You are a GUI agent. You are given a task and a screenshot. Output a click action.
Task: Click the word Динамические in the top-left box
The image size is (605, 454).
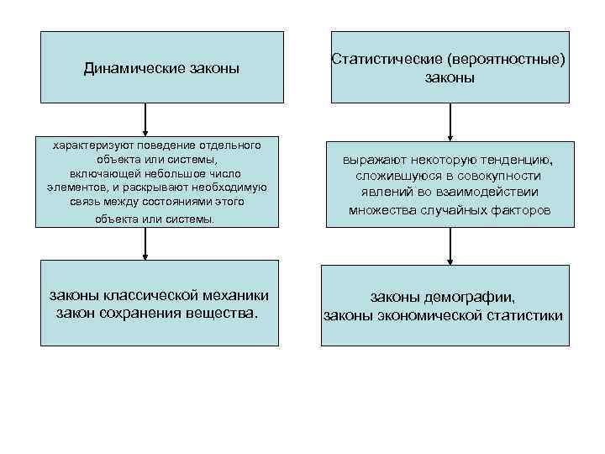[x=125, y=67]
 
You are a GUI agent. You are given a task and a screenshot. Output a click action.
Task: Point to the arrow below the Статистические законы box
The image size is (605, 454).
[x=450, y=122]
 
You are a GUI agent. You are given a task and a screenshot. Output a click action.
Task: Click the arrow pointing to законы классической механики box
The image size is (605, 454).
[x=146, y=244]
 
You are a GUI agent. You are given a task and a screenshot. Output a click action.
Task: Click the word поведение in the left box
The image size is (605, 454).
[x=159, y=145]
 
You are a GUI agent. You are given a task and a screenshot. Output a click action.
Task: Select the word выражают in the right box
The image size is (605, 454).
[x=375, y=160]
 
